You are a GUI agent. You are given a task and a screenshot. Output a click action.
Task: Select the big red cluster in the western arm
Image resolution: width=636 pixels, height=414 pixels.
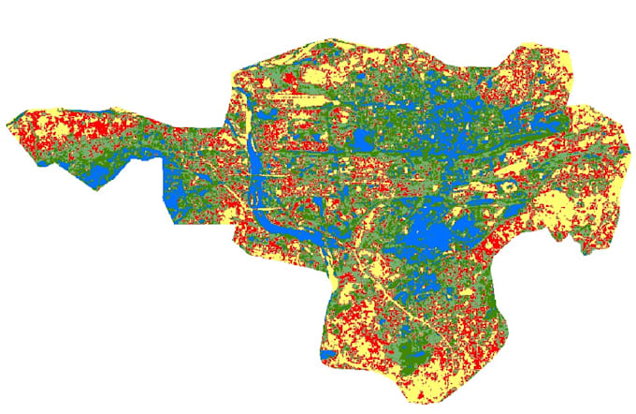tap(89, 131)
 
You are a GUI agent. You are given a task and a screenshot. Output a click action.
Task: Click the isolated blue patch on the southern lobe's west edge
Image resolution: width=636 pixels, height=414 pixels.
tap(325, 356)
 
